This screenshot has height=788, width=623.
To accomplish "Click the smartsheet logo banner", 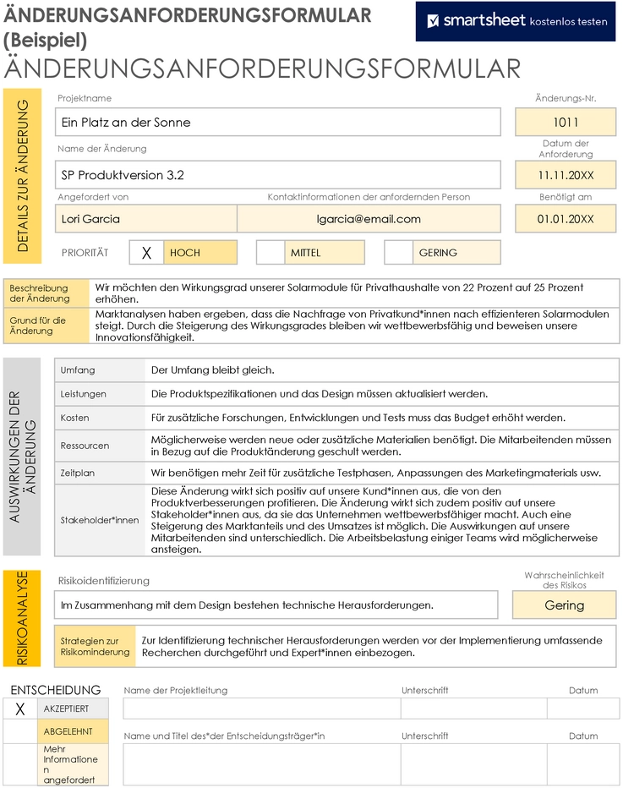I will click(516, 21).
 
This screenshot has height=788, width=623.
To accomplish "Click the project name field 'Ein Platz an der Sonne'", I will click(278, 123).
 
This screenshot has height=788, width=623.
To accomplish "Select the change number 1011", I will click(566, 123).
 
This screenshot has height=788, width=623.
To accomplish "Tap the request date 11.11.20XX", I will click(566, 176).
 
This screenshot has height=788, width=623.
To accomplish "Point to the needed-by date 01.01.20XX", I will click(566, 219).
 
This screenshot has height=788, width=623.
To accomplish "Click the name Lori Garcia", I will click(145, 219).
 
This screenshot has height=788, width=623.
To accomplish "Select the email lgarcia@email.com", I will click(369, 219).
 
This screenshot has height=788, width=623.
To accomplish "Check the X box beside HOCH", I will click(146, 253).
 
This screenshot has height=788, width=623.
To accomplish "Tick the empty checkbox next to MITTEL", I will click(271, 253).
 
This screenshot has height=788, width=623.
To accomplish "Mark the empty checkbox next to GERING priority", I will click(398, 253).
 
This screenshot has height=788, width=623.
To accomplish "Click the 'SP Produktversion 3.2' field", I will click(278, 176).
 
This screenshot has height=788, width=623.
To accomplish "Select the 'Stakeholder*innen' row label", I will click(100, 520).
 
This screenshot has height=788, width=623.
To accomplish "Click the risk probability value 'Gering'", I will click(564, 605).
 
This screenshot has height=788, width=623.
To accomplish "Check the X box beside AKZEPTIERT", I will click(20, 709).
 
